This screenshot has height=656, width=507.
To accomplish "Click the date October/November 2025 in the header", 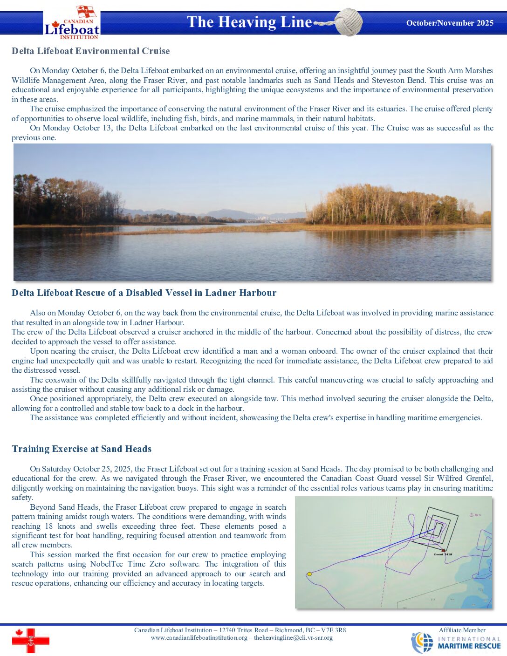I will point(450,23).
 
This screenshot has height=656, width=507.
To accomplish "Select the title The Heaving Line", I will point(249,22).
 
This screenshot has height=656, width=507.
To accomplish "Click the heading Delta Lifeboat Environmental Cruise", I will point(91,51).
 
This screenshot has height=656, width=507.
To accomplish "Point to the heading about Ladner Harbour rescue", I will point(144,293).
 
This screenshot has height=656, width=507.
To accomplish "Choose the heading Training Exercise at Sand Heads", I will point(82,449).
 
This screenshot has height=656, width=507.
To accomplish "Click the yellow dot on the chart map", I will point(309,574).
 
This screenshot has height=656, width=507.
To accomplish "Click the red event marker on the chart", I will point(443,550).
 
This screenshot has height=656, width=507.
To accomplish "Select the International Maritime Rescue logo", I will point(456,642).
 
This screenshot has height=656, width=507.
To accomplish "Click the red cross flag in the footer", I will point(30,641).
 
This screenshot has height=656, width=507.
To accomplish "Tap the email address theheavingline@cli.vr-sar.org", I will point(293,638).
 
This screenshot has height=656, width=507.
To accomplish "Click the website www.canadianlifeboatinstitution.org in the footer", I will point(199,638).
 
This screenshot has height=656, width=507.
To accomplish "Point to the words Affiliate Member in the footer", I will point(462,630).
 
